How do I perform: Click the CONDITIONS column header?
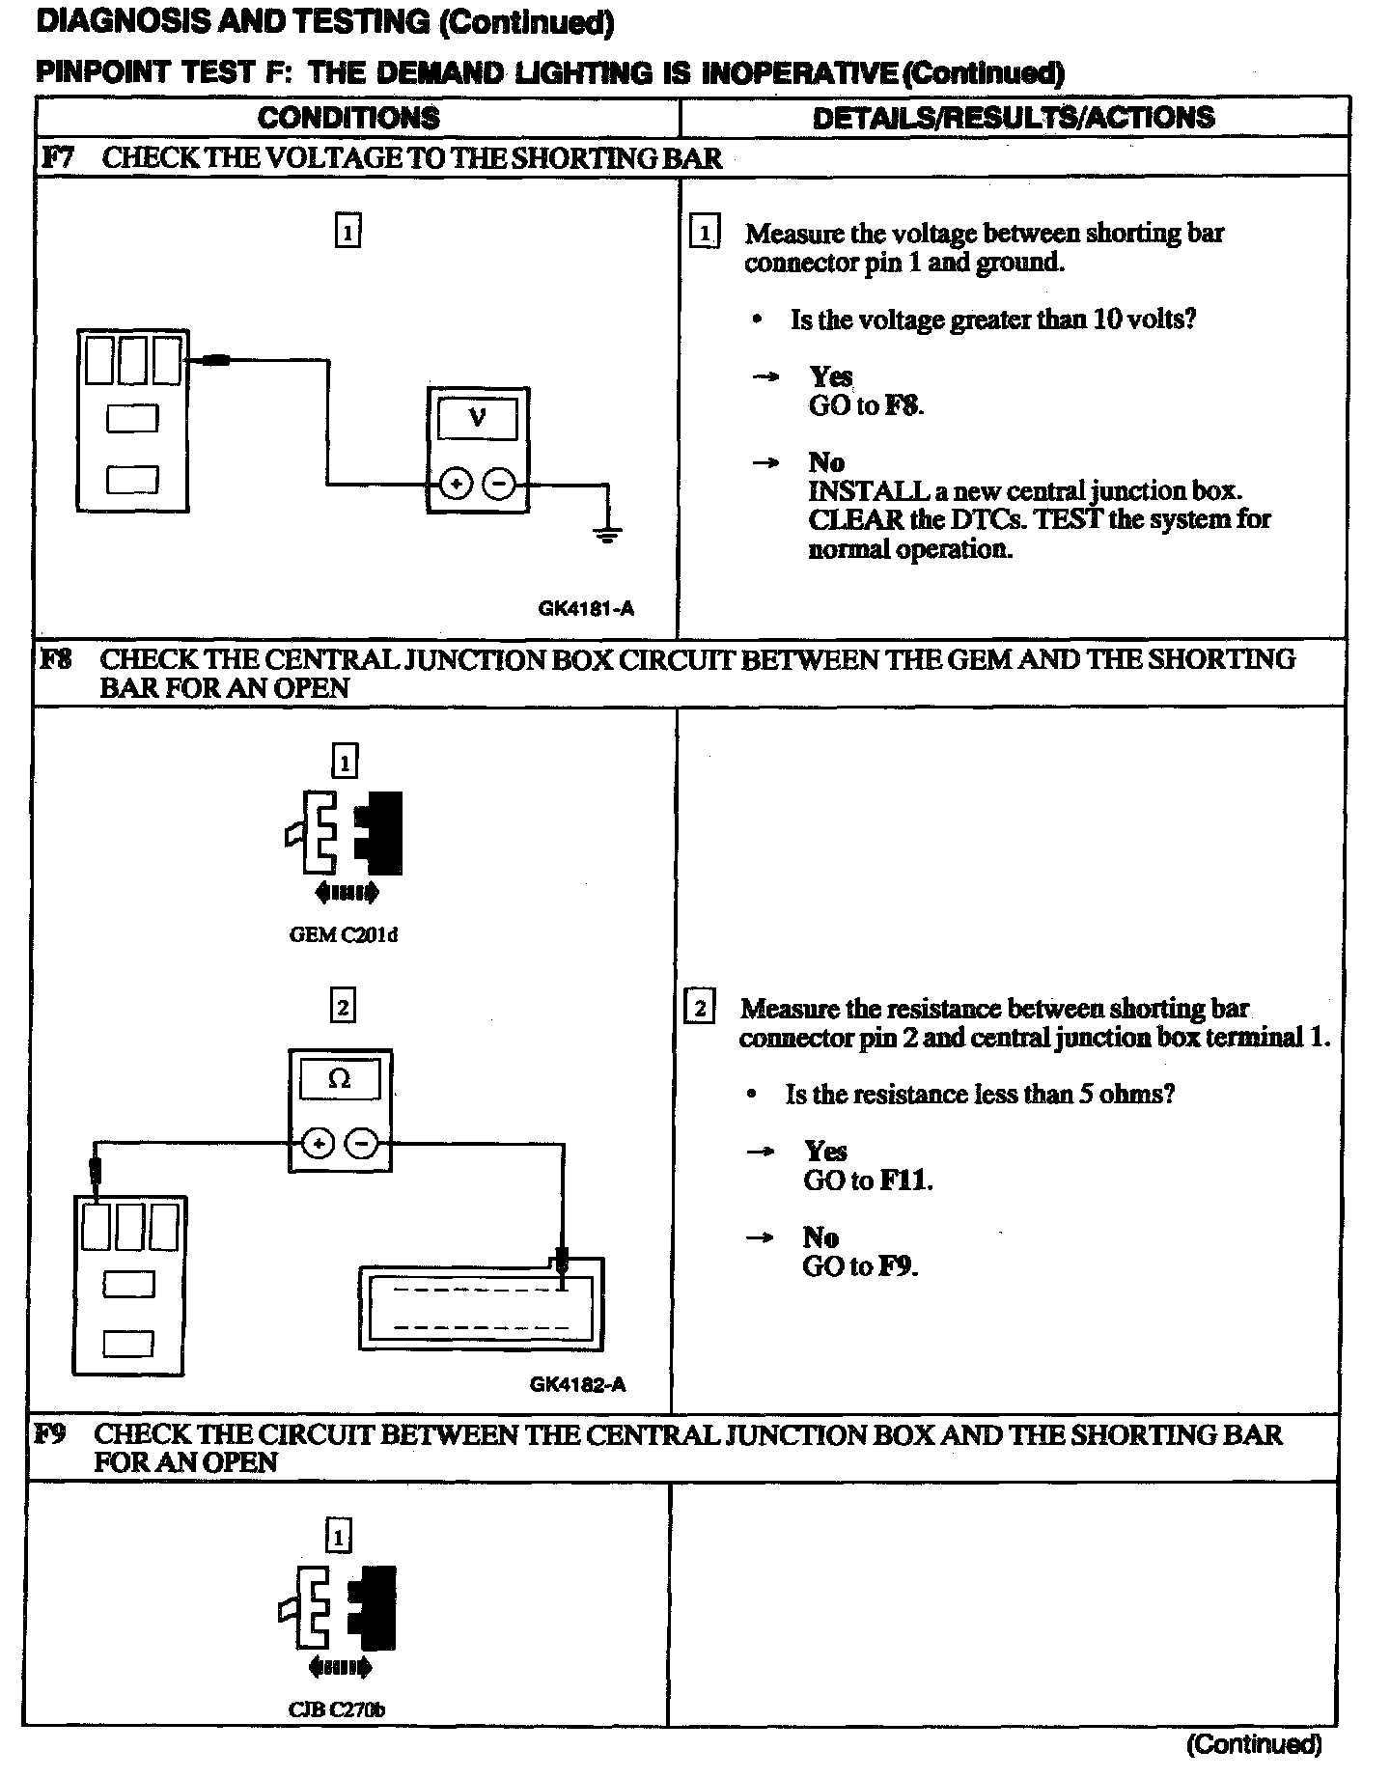[x=348, y=118]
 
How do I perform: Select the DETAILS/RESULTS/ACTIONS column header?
[x=1013, y=118]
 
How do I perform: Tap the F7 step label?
[x=57, y=157]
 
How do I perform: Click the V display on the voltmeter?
[x=477, y=419]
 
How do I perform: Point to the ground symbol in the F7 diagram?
[x=607, y=533]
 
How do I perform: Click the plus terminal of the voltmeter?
[x=456, y=484]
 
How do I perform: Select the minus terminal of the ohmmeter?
[x=362, y=1144]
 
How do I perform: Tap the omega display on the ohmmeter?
[x=340, y=1079]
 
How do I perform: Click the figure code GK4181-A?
[x=586, y=608]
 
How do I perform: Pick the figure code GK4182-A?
[x=577, y=1384]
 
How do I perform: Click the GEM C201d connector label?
[x=344, y=934]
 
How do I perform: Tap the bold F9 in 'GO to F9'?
[x=896, y=1266]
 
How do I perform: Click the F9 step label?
[x=50, y=1434]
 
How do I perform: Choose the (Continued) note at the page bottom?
[x=1253, y=1743]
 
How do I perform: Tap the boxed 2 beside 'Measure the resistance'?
[x=699, y=1009]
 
